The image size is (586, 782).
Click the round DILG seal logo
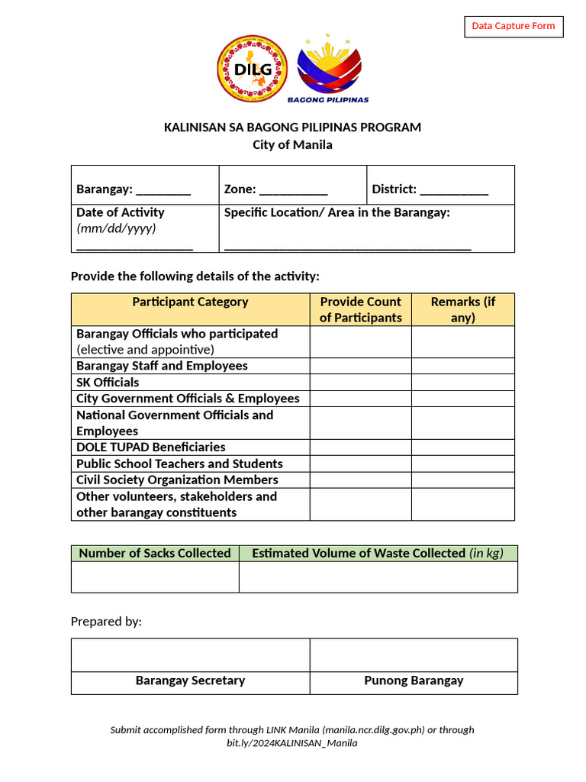pyautogui.click(x=253, y=69)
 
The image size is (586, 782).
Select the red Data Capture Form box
pyautogui.click(x=514, y=27)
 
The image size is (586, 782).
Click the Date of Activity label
pyautogui.click(x=120, y=212)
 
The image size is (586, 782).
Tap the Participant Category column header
pyautogui.click(x=190, y=302)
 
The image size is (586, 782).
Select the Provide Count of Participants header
pyautogui.click(x=360, y=310)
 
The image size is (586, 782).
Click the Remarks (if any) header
pyautogui.click(x=462, y=310)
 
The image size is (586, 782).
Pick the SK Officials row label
pyautogui.click(x=108, y=382)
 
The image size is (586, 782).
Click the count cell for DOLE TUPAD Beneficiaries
pyautogui.click(x=360, y=448)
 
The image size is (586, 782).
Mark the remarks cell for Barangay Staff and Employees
pyautogui.click(x=462, y=366)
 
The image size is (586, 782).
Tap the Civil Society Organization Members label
pyautogui.click(x=177, y=480)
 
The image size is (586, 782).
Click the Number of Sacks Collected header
pyautogui.click(x=155, y=553)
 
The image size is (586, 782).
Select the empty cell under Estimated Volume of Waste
pyautogui.click(x=378, y=577)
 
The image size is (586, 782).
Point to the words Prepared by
pyautogui.click(x=106, y=622)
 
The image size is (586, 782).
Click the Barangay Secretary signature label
pyautogui.click(x=190, y=680)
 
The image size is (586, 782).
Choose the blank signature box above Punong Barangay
pyautogui.click(x=413, y=655)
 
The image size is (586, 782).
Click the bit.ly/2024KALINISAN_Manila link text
pyautogui.click(x=292, y=743)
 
